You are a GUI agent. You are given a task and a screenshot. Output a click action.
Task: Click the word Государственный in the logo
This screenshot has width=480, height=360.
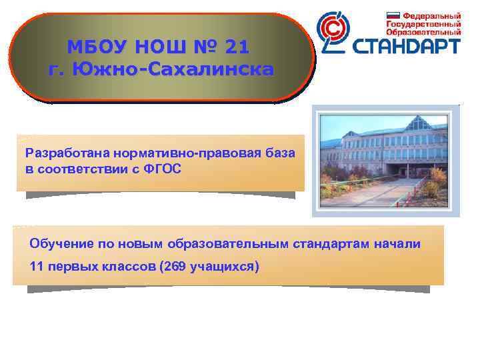click(424, 24)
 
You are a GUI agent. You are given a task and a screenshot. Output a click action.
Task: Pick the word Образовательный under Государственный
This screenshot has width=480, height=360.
click(424, 31)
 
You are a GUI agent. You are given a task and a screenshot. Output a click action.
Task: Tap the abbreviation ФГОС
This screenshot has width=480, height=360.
click(159, 169)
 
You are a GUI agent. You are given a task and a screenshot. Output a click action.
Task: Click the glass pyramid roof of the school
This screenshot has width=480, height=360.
click(419, 123)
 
